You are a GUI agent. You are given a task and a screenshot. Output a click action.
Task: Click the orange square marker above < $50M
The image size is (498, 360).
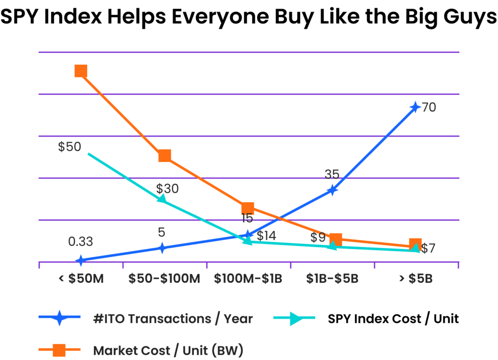[x=81, y=71]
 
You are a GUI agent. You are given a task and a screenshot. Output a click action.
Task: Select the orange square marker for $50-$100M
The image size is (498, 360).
[x=164, y=156]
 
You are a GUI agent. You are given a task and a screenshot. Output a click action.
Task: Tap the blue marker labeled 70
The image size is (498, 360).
[x=414, y=107]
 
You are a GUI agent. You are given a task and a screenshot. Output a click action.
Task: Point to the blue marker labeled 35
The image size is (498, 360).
[x=332, y=189]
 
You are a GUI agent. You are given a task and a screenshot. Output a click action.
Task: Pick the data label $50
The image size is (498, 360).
[x=70, y=147]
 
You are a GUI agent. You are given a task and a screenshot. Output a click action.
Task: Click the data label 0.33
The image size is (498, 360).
[x=81, y=241]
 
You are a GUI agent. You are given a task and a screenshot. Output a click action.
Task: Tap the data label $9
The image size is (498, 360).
[x=318, y=238]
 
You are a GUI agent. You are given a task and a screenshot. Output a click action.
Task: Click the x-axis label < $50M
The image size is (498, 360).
[x=81, y=279]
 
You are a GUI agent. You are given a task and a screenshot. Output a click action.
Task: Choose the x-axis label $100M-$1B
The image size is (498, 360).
[x=248, y=279]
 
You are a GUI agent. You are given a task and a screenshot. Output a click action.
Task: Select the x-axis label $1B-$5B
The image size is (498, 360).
[x=332, y=279]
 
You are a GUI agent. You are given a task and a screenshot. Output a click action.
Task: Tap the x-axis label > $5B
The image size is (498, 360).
[x=415, y=279]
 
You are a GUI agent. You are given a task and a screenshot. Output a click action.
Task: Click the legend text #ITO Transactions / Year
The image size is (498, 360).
[x=173, y=319]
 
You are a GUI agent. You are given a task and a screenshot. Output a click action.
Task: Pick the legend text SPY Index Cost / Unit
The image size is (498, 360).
[x=393, y=319]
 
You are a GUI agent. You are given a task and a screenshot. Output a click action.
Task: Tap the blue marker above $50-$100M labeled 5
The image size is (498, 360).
[x=162, y=248]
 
